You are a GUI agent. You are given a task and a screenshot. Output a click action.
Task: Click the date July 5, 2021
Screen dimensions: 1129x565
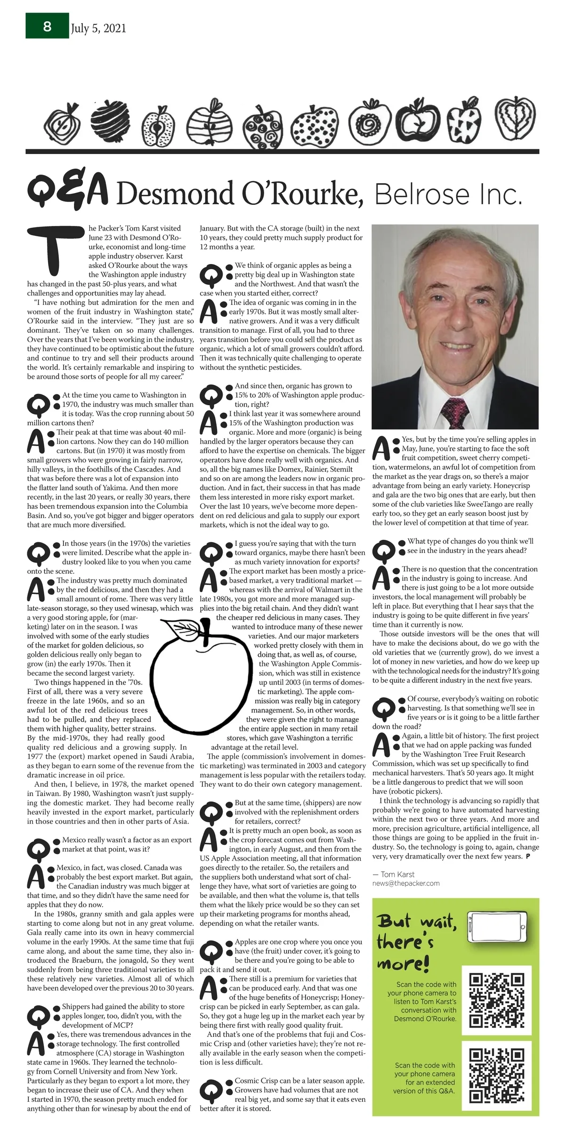[x=98, y=29]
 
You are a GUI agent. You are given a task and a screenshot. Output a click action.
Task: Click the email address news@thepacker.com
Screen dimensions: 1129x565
[x=406, y=883]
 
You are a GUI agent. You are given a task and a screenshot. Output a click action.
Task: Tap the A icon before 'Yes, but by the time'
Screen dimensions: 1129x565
[x=385, y=449]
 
